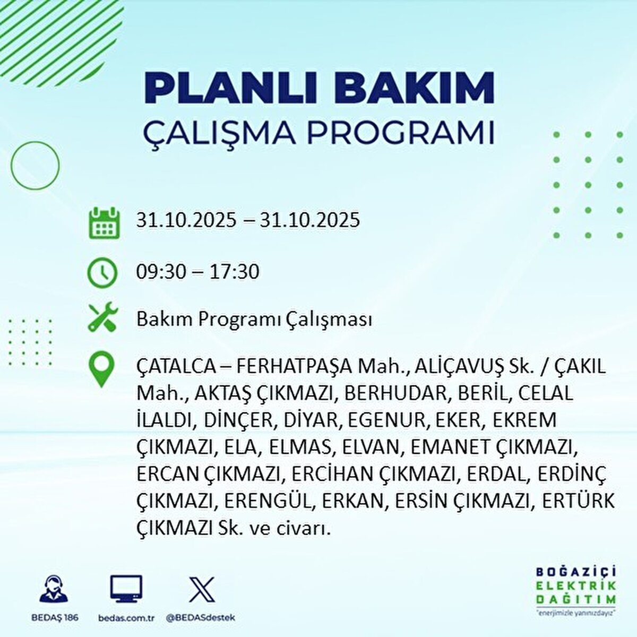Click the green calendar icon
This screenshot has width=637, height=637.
pos(103,222)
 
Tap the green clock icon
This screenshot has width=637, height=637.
pos(102,272)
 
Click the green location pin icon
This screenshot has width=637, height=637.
pos(102,369)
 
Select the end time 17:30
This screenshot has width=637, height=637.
pos(234,272)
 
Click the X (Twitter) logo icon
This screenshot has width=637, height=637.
pos(202,589)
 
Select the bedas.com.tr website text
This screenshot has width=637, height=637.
pos(126,618)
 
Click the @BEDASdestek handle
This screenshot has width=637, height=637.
pos(201,618)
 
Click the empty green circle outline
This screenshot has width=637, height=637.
pos(35,166)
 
